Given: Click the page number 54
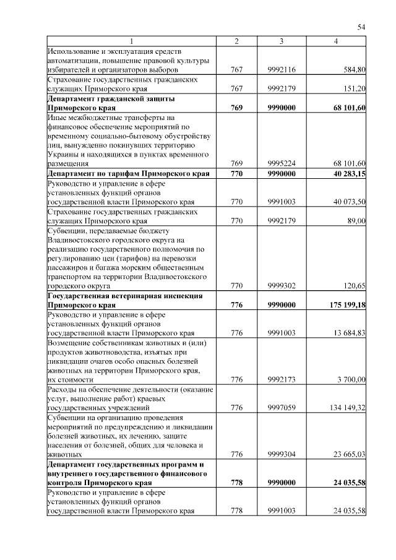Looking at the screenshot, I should click(362, 27).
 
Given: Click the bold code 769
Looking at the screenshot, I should click(236, 108).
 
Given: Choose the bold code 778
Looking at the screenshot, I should click(236, 482).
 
